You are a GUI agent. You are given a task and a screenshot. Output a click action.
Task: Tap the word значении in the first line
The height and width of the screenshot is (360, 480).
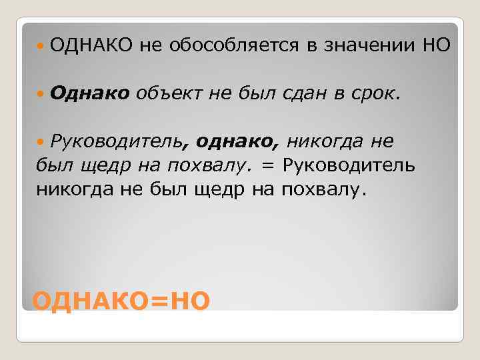(x=367, y=45)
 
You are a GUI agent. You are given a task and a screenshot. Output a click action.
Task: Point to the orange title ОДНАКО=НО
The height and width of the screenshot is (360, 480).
(x=121, y=301)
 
